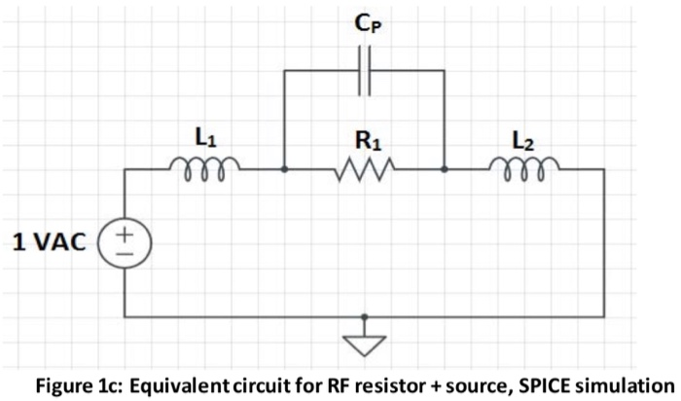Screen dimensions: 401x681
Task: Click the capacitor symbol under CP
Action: coord(364,72)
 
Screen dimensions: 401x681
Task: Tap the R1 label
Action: coord(365,142)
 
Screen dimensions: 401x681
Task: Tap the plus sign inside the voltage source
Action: coord(125,234)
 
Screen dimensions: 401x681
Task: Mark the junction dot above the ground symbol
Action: coord(364,317)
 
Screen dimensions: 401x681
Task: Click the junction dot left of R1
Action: coord(283,169)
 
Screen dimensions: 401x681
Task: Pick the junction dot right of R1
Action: coord(445,169)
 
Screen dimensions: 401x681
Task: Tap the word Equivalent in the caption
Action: coord(186,383)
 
